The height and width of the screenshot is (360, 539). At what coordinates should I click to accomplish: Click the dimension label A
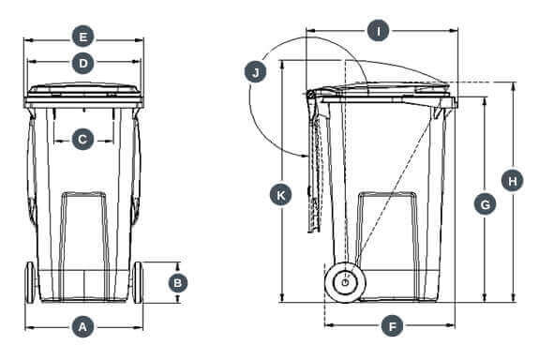click(82, 327)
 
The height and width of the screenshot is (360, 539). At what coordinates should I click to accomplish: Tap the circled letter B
click(178, 282)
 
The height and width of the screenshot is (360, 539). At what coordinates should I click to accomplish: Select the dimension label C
click(82, 140)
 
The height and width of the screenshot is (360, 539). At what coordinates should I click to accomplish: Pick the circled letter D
click(82, 63)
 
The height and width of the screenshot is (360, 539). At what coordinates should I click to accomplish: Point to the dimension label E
click(82, 37)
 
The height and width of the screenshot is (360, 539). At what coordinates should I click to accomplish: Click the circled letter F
click(392, 325)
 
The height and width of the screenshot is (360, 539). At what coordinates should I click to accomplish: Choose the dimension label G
click(485, 205)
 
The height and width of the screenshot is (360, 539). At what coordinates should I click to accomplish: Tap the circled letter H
click(512, 181)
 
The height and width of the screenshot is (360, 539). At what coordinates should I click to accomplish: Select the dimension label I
click(378, 31)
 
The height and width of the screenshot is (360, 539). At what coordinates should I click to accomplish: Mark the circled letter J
click(255, 72)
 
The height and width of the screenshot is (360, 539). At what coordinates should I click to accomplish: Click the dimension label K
click(281, 195)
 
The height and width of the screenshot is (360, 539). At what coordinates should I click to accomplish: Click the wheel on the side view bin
click(345, 282)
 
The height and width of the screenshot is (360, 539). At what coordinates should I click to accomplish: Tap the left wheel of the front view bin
click(30, 282)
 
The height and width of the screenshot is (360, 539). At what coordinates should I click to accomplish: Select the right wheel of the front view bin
click(138, 282)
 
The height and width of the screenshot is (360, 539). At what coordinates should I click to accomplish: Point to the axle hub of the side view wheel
click(345, 282)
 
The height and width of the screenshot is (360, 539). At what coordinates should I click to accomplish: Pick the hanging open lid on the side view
click(315, 161)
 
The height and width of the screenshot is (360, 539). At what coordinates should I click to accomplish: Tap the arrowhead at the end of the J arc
click(304, 155)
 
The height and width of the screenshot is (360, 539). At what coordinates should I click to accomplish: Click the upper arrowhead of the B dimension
click(178, 265)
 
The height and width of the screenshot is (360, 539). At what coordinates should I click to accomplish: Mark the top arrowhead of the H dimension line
click(514, 86)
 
